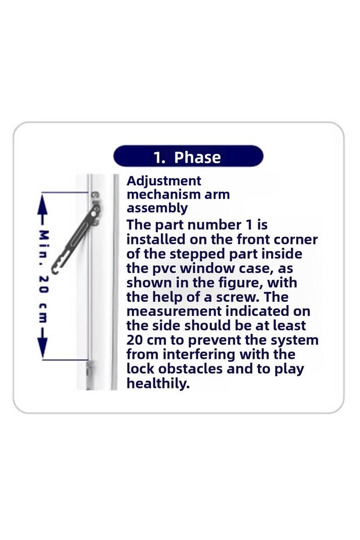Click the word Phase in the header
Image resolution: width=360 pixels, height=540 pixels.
(197, 157)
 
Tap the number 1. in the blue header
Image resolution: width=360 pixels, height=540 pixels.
(160, 157)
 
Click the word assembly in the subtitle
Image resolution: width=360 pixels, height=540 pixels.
(157, 208)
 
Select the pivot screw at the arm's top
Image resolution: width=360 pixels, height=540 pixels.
(96, 208)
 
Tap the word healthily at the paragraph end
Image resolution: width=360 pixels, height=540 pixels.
(158, 383)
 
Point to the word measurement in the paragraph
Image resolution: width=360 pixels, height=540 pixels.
(174, 311)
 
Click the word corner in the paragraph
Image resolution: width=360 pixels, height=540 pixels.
(294, 240)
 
